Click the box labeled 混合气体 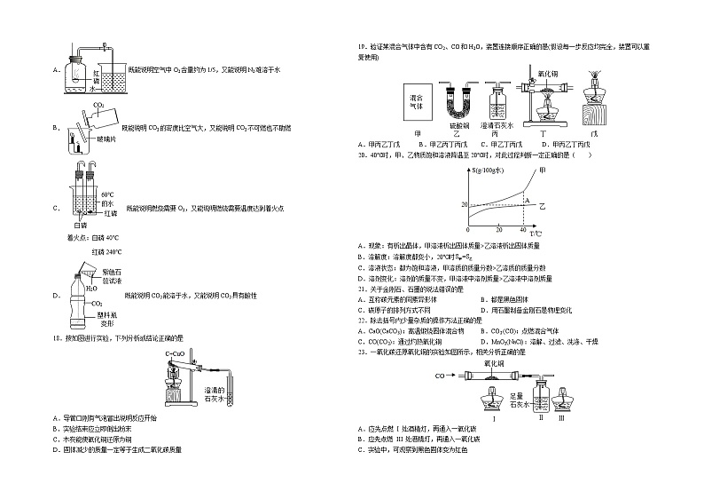coord(415,99)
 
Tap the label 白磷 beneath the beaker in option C coord(81,226)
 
